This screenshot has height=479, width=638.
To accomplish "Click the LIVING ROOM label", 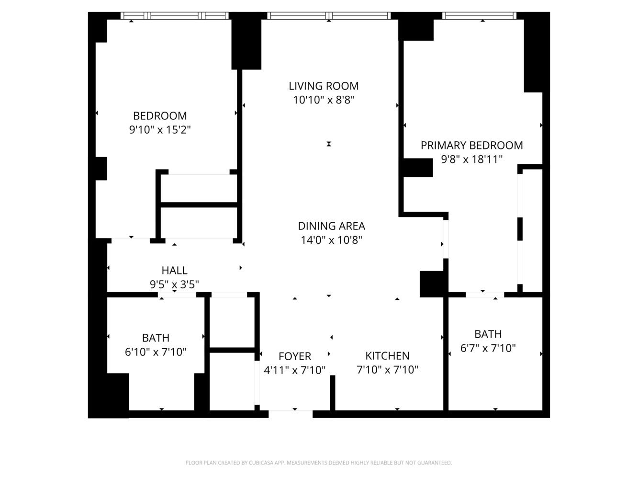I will click(324, 86).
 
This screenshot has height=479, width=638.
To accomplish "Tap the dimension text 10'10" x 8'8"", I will click(324, 100).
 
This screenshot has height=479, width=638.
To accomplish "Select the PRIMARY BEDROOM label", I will click(471, 146).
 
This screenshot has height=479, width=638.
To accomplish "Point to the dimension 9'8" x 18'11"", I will click(471, 160).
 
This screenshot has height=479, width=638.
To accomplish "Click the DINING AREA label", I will click(331, 226).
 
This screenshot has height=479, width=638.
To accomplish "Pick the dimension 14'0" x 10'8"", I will click(331, 240).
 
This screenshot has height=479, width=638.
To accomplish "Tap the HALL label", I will click(174, 271).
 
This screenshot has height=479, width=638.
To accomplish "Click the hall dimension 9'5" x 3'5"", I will click(174, 285).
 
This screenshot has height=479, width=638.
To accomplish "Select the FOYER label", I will click(295, 356).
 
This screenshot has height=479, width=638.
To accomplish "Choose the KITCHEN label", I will click(387, 356).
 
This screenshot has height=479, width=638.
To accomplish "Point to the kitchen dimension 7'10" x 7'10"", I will click(387, 370).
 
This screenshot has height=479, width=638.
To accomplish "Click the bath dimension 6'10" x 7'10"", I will click(156, 352).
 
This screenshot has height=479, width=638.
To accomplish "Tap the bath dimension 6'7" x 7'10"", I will click(488, 348).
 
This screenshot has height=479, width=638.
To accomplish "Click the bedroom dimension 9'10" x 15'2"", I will click(160, 130).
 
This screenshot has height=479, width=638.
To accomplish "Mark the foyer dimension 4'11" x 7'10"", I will click(295, 370).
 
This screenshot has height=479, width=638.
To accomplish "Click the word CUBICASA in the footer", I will click(261, 463).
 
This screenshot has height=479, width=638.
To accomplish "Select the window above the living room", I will click(329, 16).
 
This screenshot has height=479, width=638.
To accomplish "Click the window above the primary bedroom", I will click(480, 16).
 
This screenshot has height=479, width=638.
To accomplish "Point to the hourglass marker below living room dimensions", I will click(329, 144).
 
